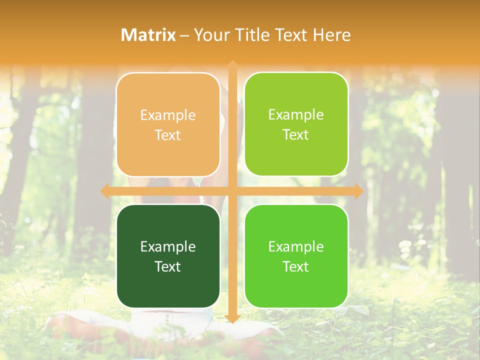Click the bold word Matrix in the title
[x=148, y=35]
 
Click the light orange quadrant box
[x=168, y=124]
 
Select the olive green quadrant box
[x=296, y=124]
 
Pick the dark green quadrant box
[x=168, y=256]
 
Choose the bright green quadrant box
[x=296, y=256]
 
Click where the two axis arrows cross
[x=232, y=191]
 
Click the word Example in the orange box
[x=168, y=115]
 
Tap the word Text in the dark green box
[x=168, y=266]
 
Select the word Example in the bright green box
[x=296, y=246]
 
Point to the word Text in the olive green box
[x=296, y=134]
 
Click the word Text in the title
[x=290, y=35]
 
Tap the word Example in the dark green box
[x=168, y=246]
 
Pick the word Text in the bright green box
[x=296, y=266]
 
